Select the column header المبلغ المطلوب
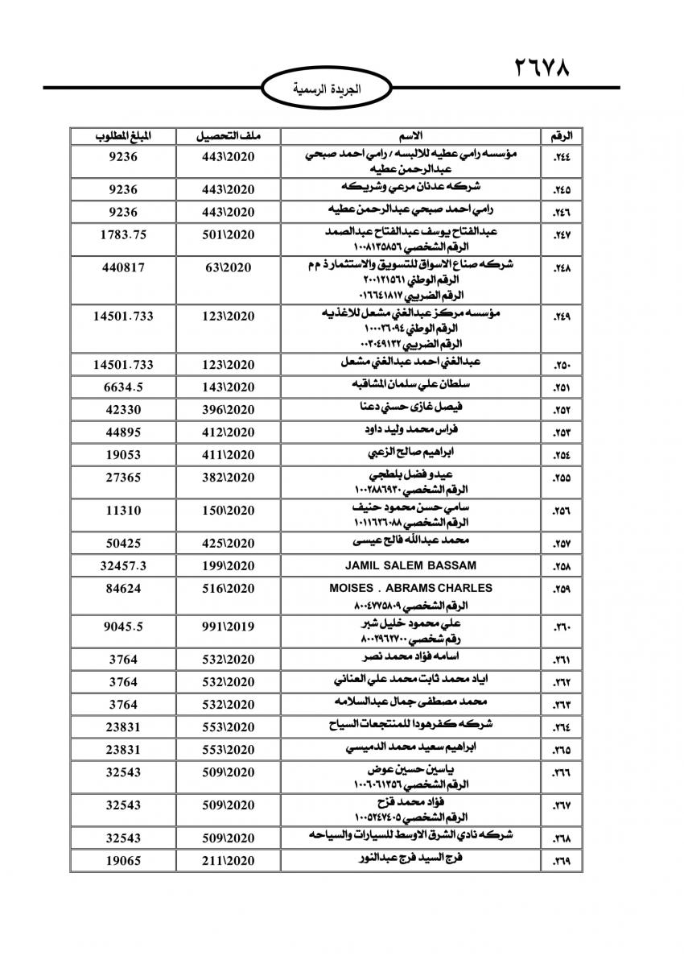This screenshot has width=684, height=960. point(122,134)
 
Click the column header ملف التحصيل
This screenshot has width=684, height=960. point(228,134)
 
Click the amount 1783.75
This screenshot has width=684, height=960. point(122,235)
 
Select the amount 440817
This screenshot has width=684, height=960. point(122,267)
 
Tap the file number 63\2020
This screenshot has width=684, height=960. point(228,267)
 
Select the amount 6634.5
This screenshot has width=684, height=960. point(122,387)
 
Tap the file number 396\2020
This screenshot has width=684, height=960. point(228,409)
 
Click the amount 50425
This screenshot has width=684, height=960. point(122,543)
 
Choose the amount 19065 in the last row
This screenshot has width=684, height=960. point(122,861)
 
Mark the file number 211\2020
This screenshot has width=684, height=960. point(228,861)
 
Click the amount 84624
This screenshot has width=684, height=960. point(122,589)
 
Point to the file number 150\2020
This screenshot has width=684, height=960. point(228,511)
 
